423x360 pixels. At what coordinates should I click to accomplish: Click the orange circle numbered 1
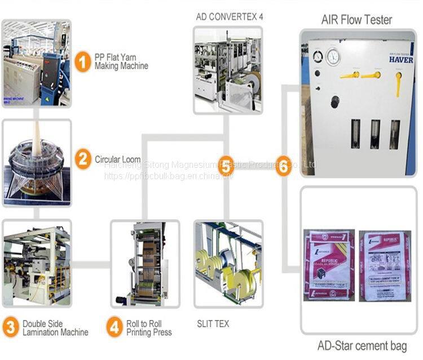[83, 61]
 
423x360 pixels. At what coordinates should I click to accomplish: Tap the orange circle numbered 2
[83, 159]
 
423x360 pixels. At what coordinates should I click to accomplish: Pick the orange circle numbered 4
[114, 327]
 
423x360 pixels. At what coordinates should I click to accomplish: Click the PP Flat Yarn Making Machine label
[121, 61]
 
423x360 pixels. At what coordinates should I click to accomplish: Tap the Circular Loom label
[117, 159]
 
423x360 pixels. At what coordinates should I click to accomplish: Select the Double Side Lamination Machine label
[55, 328]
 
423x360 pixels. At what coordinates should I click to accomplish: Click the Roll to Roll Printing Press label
[149, 328]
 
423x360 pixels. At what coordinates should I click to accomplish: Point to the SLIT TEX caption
[213, 324]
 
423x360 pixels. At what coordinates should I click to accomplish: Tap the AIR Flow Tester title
[356, 20]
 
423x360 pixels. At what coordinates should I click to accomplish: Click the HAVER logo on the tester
[400, 59]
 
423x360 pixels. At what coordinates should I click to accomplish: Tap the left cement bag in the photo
[329, 265]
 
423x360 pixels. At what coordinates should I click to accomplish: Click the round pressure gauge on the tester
[333, 56]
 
